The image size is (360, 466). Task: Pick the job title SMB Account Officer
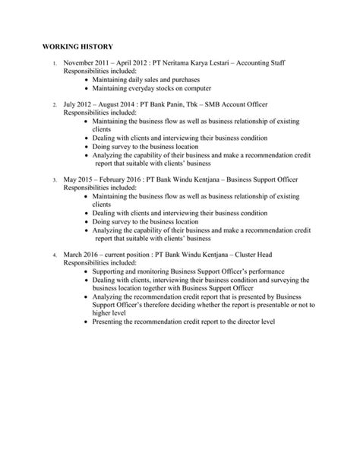(x=235, y=103)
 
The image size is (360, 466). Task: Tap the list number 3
(x=54, y=180)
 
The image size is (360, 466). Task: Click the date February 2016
(x=116, y=179)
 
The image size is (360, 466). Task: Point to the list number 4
(x=54, y=255)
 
